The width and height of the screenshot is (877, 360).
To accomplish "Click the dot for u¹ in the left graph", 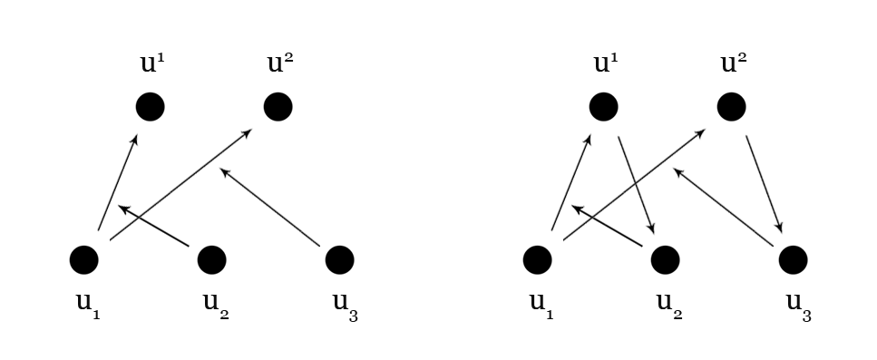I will (150, 107).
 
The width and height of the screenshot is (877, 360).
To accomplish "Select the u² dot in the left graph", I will (278, 107).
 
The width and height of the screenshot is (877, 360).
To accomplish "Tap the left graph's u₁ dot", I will (83, 259).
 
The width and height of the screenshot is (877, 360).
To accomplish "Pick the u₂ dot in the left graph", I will (211, 259).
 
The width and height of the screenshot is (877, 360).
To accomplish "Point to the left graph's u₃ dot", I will (339, 259).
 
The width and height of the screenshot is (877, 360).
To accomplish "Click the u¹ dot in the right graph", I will (603, 107).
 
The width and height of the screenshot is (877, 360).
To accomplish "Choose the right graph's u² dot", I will (731, 107).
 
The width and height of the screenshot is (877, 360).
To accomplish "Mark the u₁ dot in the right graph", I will (537, 259).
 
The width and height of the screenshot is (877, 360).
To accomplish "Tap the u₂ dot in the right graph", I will (665, 259).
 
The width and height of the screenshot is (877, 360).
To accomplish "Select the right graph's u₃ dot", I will (793, 259).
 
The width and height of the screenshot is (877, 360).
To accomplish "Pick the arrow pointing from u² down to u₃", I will (764, 184).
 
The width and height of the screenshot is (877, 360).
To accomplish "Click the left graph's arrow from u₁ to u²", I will (180, 185).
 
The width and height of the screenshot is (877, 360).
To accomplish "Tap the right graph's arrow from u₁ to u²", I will (633, 185).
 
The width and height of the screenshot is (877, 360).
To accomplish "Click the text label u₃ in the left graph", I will (345, 306).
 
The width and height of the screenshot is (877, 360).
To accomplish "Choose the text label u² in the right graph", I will (735, 63).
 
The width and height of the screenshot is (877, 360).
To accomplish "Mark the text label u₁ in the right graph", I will (541, 304).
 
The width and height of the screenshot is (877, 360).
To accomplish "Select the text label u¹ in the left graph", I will (153, 63).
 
